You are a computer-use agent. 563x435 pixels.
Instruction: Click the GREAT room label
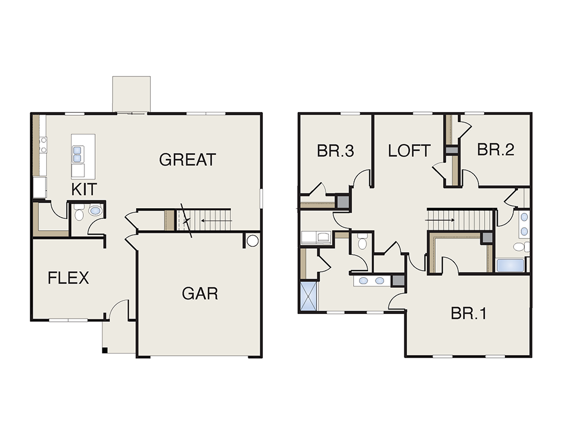point(187,160)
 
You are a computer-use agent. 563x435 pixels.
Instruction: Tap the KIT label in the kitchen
point(84,189)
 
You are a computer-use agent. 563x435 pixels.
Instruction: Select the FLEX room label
point(68,278)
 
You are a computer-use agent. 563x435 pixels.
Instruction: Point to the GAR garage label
point(200,294)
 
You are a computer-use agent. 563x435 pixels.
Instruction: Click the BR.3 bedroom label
point(336,151)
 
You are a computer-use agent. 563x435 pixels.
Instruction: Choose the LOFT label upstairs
point(409,151)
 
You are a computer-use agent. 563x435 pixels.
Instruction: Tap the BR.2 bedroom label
point(495,149)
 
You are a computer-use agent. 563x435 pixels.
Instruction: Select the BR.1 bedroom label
point(468,313)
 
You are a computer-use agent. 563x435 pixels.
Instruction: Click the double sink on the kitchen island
point(77,154)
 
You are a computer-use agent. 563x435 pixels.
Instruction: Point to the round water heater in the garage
point(253,240)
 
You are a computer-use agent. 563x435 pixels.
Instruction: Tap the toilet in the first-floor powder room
point(79,213)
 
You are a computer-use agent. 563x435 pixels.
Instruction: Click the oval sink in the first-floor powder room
point(95,210)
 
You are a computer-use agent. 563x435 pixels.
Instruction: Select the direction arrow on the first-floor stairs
point(217,221)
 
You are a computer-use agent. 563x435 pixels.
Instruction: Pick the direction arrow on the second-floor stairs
point(440,219)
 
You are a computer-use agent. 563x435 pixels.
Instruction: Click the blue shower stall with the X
point(309,296)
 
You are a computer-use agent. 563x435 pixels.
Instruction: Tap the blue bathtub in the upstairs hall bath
point(510,266)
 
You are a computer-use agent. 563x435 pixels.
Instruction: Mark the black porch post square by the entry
point(105,350)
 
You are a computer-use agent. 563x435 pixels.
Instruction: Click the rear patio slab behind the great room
point(131,94)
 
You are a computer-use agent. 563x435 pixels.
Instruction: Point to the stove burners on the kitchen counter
point(43,145)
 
